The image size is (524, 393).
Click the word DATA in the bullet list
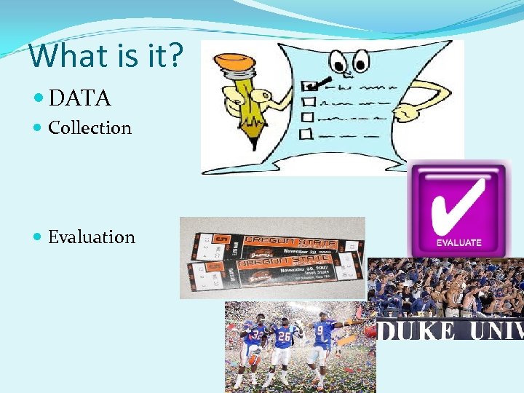(x=79, y=97)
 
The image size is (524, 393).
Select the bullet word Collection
(x=90, y=128)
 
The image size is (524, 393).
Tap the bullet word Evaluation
(x=91, y=237)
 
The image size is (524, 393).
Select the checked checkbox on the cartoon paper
(x=309, y=86)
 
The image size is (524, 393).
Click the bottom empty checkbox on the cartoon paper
(x=306, y=133)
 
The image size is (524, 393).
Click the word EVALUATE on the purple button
(x=458, y=242)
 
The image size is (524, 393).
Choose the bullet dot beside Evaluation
(x=38, y=237)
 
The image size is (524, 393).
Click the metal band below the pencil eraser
(x=239, y=73)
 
